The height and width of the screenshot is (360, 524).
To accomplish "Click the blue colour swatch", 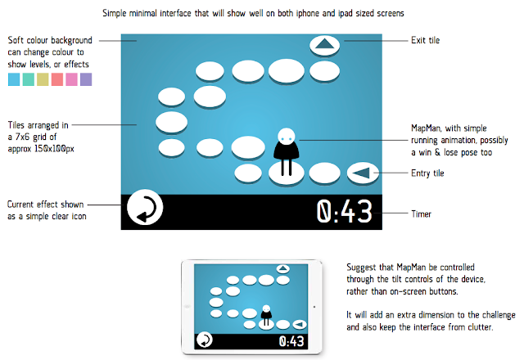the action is pyautogui.click(x=14, y=79).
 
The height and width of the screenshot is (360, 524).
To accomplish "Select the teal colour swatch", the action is pyautogui.click(x=29, y=79).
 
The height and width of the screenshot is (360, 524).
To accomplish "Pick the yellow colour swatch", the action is pyautogui.click(x=43, y=79).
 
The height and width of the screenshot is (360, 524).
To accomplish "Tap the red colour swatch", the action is pyautogui.click(x=57, y=79).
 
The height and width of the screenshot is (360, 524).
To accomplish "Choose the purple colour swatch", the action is pyautogui.click(x=86, y=79).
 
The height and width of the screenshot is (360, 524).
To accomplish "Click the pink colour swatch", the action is pyautogui.click(x=72, y=79).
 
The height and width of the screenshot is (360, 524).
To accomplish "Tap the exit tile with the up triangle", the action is pyautogui.click(x=325, y=45).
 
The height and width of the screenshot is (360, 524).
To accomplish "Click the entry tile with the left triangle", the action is pyautogui.click(x=361, y=172).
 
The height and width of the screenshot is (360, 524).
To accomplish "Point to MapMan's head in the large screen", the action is pyautogui.click(x=286, y=136).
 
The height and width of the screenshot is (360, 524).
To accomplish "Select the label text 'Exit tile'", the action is pyautogui.click(x=425, y=39).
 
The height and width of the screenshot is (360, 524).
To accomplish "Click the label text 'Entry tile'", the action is pyautogui.click(x=427, y=173).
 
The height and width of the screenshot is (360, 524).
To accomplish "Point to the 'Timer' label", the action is pyautogui.click(x=421, y=214).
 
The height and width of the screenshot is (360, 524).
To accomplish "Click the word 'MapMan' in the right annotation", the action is pyautogui.click(x=427, y=128).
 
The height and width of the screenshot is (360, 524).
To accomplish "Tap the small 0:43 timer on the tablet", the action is pyautogui.click(x=292, y=340).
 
